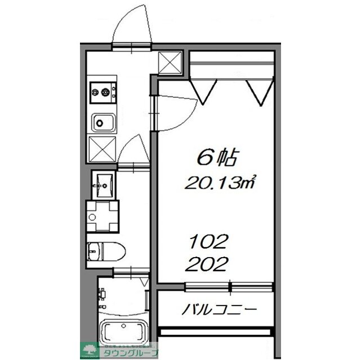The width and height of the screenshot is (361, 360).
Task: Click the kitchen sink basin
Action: (102, 121)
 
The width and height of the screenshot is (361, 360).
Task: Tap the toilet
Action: (104, 250)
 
